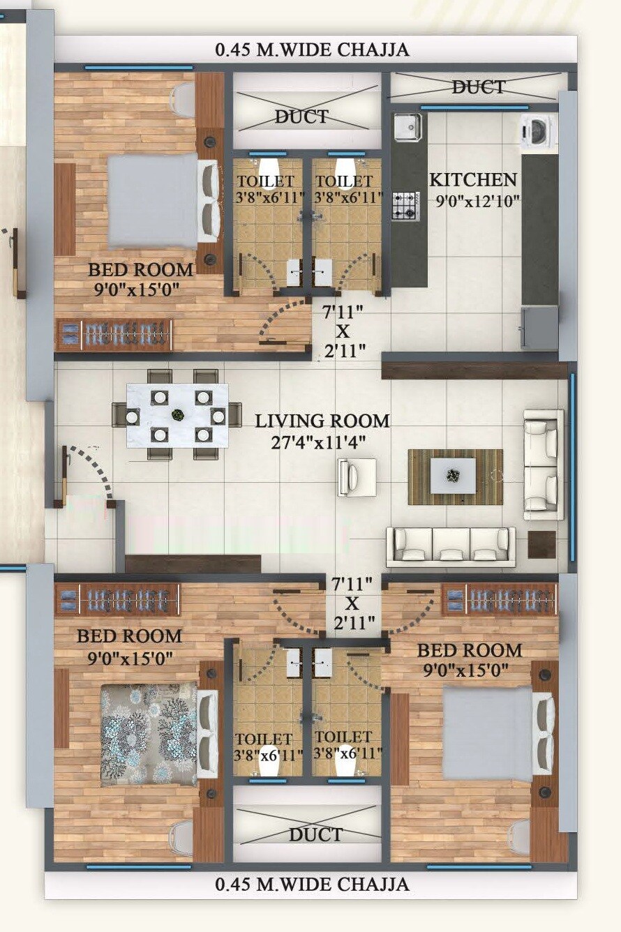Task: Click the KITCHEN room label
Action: pyautogui.click(x=473, y=179)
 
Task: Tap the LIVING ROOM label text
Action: pyautogui.click(x=322, y=421)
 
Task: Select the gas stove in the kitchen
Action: pyautogui.click(x=405, y=205)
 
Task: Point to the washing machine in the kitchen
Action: pyautogui.click(x=538, y=130)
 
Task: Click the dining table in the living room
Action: pyautogui.click(x=177, y=415)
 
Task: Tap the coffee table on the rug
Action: pyautogui.click(x=453, y=476)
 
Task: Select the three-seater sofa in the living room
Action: pyautogui.click(x=451, y=546)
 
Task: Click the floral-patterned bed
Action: pyautogui.click(x=149, y=734)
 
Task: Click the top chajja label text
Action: pyautogui.click(x=312, y=50)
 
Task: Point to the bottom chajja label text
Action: pyautogui.click(x=312, y=884)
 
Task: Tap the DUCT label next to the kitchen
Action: pyautogui.click(x=478, y=87)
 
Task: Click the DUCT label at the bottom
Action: pyautogui.click(x=315, y=834)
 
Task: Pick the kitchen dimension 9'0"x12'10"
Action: pyautogui.click(x=477, y=201)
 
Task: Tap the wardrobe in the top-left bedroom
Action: pyautogui.click(x=114, y=335)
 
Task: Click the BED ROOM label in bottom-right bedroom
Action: pyautogui.click(x=469, y=650)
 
